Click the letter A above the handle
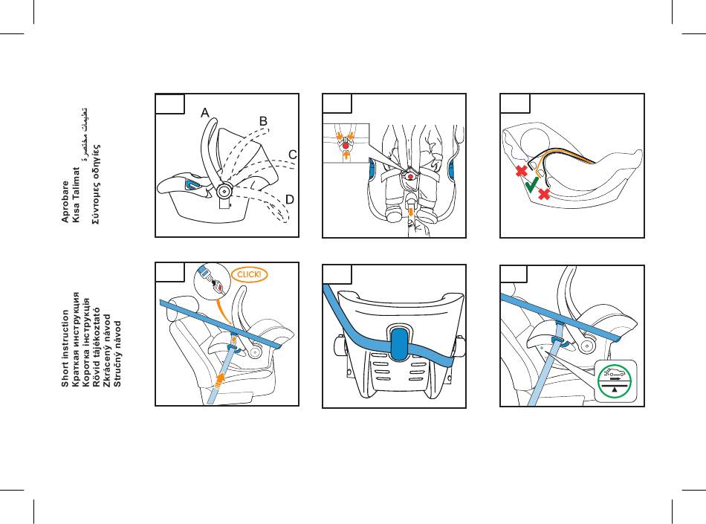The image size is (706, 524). point(204,113)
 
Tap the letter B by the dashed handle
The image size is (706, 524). point(262,120)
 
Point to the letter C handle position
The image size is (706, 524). point(293,155)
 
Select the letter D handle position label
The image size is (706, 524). point(289,200)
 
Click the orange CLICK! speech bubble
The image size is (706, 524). point(249,274)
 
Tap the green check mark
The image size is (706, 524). point(533,185)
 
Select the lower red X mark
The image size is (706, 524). point(544,194)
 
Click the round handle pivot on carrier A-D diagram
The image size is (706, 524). point(223,190)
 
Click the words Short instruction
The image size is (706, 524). point(65,349)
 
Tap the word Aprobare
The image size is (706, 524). point(65,201)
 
